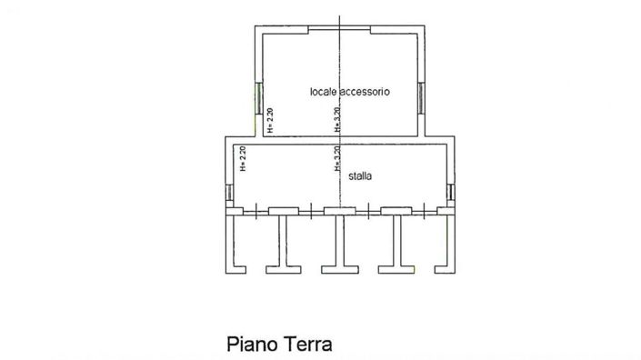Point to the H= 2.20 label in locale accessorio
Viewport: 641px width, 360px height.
pos(271,121)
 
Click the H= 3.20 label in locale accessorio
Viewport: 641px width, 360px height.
pos(337,121)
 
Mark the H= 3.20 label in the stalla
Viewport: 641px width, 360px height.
pos(337,160)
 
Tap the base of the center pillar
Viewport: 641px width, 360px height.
pos(339,268)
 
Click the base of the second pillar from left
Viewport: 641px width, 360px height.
pos(283,268)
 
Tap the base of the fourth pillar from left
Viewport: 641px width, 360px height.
pos(396,268)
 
